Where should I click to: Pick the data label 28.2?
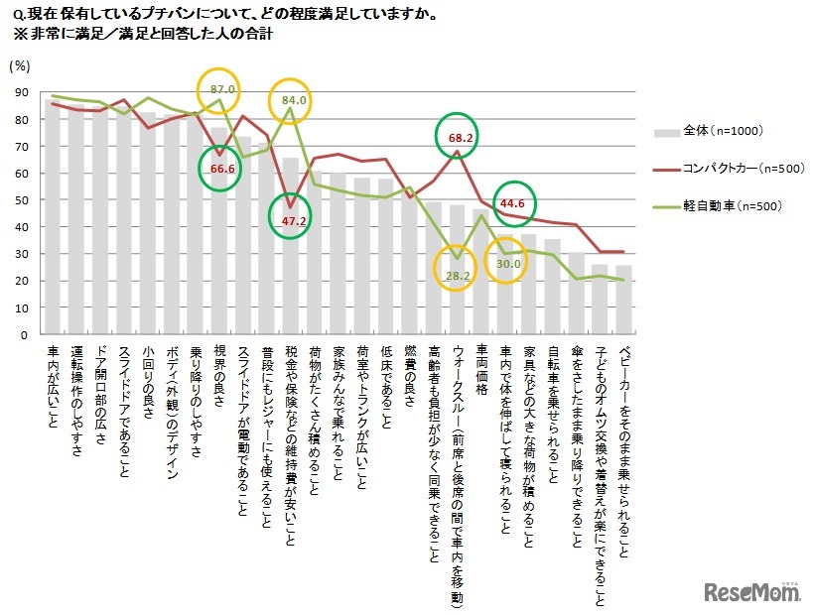(x=458, y=274)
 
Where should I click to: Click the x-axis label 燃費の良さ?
(x=411, y=375)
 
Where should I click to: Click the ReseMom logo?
(x=752, y=592)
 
